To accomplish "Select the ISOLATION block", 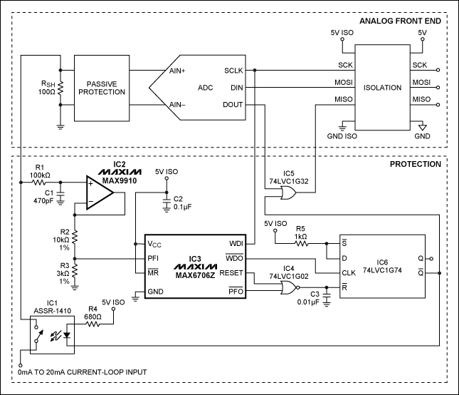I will click(x=381, y=86).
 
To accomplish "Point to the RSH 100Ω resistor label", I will click(x=46, y=87).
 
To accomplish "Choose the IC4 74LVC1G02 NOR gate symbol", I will click(x=290, y=287).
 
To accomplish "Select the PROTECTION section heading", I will click(x=416, y=165).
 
